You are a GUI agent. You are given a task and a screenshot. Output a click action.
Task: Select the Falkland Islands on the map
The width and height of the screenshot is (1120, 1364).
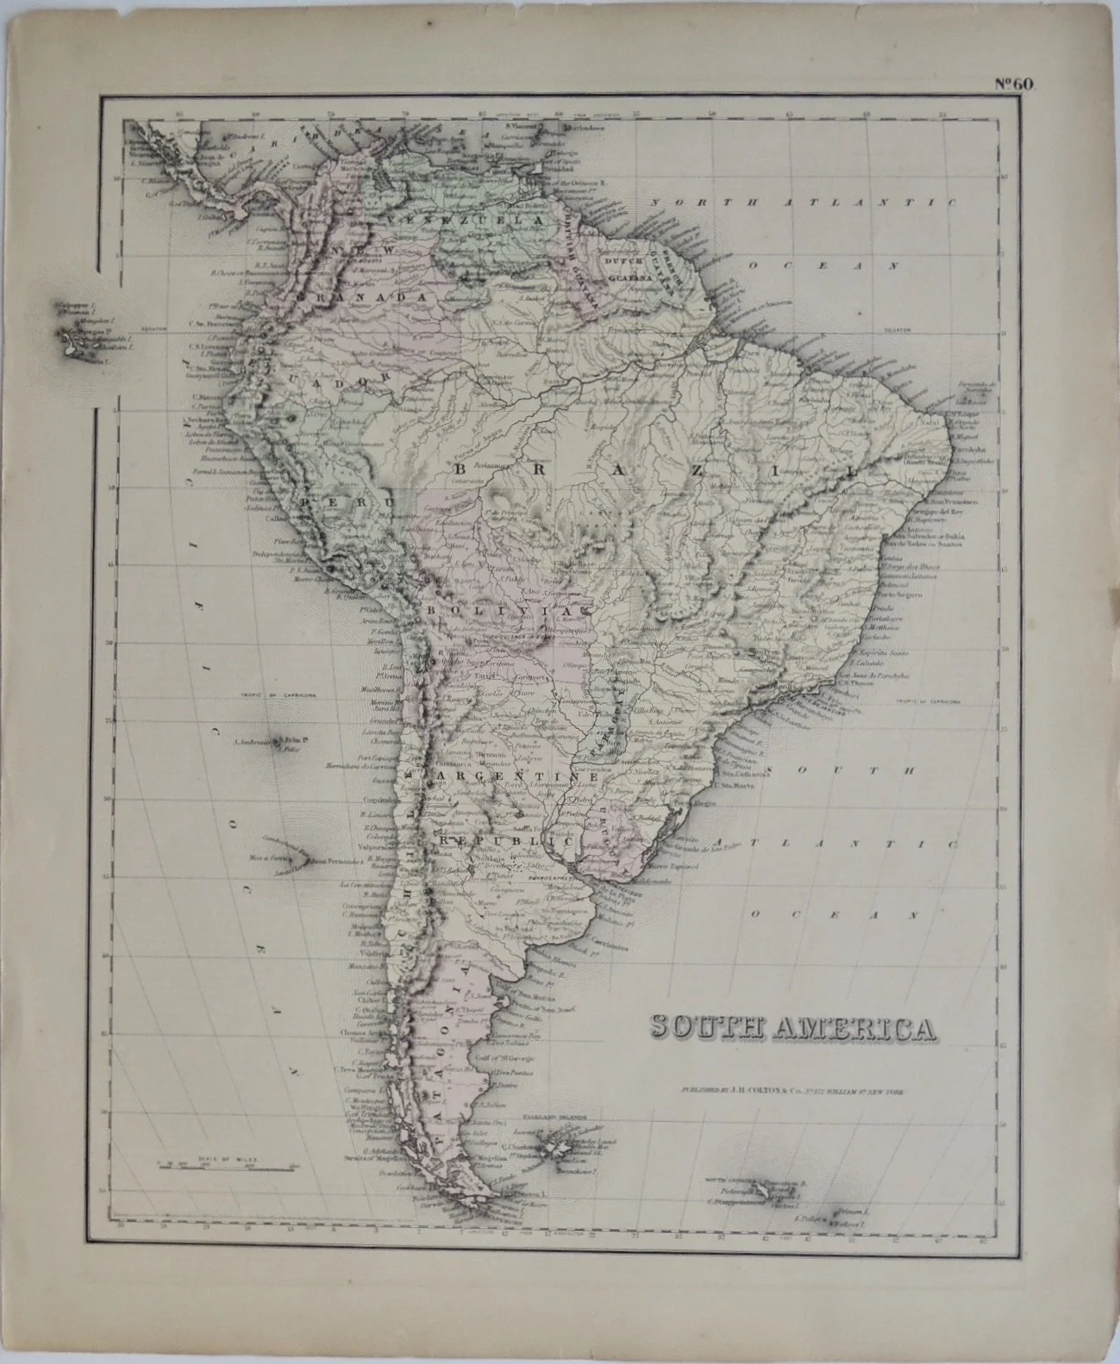(556, 1150)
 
